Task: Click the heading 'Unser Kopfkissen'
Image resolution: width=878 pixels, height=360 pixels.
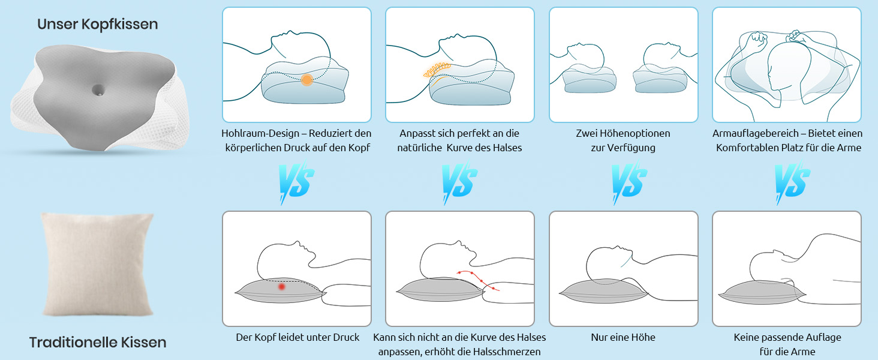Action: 98,25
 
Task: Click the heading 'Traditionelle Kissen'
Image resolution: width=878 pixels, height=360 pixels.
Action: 98,343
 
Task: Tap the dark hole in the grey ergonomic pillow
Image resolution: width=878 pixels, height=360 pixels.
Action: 98,90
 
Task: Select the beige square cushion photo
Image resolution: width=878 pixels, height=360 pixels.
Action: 98,264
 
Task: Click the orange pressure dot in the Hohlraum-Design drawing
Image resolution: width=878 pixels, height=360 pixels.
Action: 307,80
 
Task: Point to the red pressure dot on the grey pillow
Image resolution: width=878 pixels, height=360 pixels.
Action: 281,287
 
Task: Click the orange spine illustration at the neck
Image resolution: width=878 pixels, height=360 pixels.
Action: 437,70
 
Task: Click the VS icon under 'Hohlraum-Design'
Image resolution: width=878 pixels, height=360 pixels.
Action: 296,182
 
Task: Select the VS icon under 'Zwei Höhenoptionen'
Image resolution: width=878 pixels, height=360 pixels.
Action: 629,182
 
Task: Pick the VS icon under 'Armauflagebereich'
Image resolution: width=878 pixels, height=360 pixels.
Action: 792,182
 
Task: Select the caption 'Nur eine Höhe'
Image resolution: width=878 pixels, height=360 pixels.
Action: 623,337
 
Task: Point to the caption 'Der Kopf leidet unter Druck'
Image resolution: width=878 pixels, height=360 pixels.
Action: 297,337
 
